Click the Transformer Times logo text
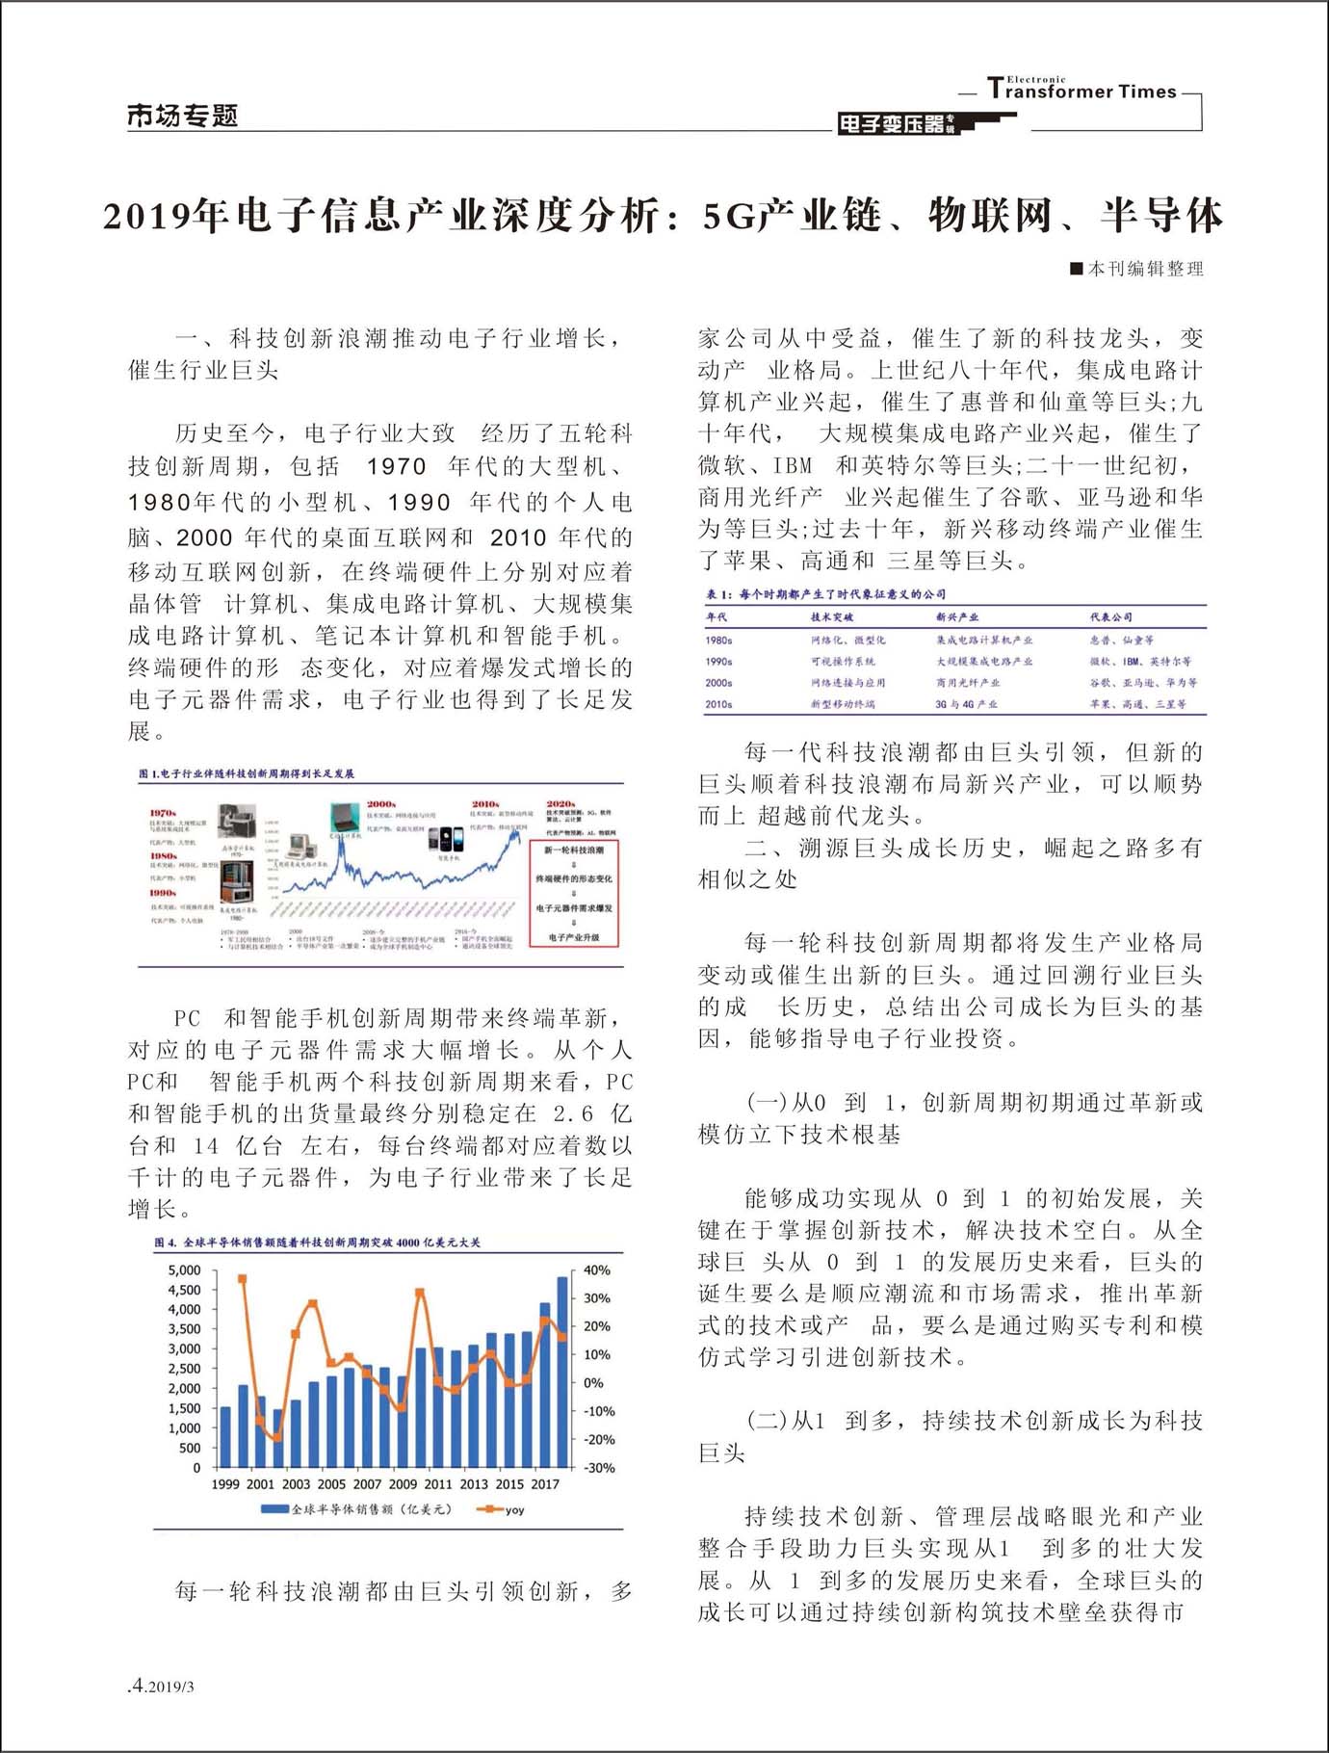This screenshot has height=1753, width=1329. tap(1081, 91)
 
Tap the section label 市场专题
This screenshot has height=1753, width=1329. tap(182, 117)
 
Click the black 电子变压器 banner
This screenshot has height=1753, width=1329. tap(896, 123)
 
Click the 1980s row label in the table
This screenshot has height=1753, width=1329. tap(718, 640)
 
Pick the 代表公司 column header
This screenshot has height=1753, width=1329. tap(1110, 616)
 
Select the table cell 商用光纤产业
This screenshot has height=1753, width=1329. tap(967, 683)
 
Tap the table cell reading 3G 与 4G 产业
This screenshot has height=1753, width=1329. tap(966, 704)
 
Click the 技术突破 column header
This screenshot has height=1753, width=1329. tap(831, 616)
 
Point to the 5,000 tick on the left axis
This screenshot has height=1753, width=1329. tap(184, 1269)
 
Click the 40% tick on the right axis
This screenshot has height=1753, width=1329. tap(597, 1269)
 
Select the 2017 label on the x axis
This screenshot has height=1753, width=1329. tap(545, 1484)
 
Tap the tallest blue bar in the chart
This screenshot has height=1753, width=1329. tap(562, 1372)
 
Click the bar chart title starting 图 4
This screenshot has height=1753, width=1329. tap(317, 1243)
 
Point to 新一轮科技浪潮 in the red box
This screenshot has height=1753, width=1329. tap(574, 850)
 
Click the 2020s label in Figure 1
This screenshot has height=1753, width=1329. tap(560, 803)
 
